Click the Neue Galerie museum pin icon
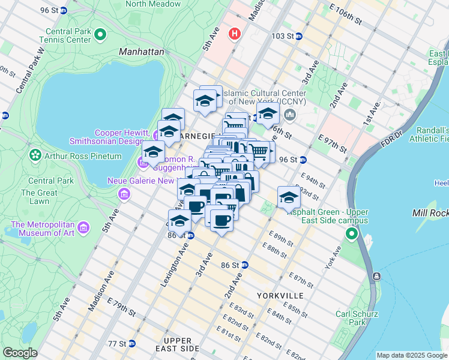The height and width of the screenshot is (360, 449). [124, 194]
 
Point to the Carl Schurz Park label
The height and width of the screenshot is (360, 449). [357, 317]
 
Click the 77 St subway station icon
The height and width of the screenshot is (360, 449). [132, 344]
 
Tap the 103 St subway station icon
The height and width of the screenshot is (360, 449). [299, 36]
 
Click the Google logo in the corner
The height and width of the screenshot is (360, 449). [20, 353]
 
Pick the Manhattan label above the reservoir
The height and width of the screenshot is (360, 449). [142, 52]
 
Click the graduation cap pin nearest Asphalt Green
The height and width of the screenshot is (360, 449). [289, 197]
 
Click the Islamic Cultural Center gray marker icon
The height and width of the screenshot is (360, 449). [291, 115]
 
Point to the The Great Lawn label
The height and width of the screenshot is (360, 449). [35, 197]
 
